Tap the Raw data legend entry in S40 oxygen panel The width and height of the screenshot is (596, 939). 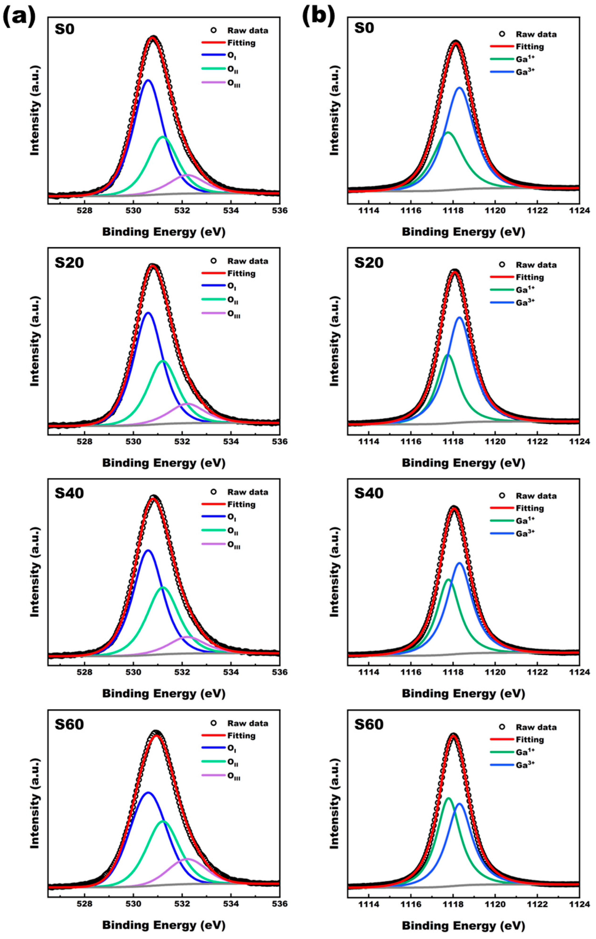(248, 492)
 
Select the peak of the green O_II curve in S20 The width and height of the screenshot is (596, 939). (163, 361)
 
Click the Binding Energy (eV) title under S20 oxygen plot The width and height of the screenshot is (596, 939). (164, 463)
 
